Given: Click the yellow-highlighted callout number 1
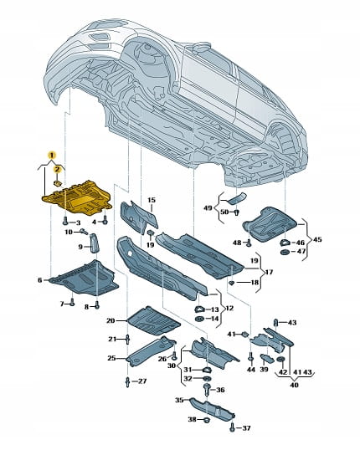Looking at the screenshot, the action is (52, 156).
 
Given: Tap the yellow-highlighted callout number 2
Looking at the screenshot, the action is (57, 169).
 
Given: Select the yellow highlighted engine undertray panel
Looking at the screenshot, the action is (77, 197).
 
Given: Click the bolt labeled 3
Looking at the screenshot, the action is (65, 221).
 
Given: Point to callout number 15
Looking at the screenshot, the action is (152, 200).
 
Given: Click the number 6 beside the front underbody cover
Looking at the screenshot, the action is (39, 280).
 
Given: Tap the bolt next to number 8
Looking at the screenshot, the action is (97, 305).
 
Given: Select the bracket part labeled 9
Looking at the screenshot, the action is (95, 243).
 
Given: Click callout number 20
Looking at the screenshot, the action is (111, 320).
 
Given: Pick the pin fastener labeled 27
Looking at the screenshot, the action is (128, 382).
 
